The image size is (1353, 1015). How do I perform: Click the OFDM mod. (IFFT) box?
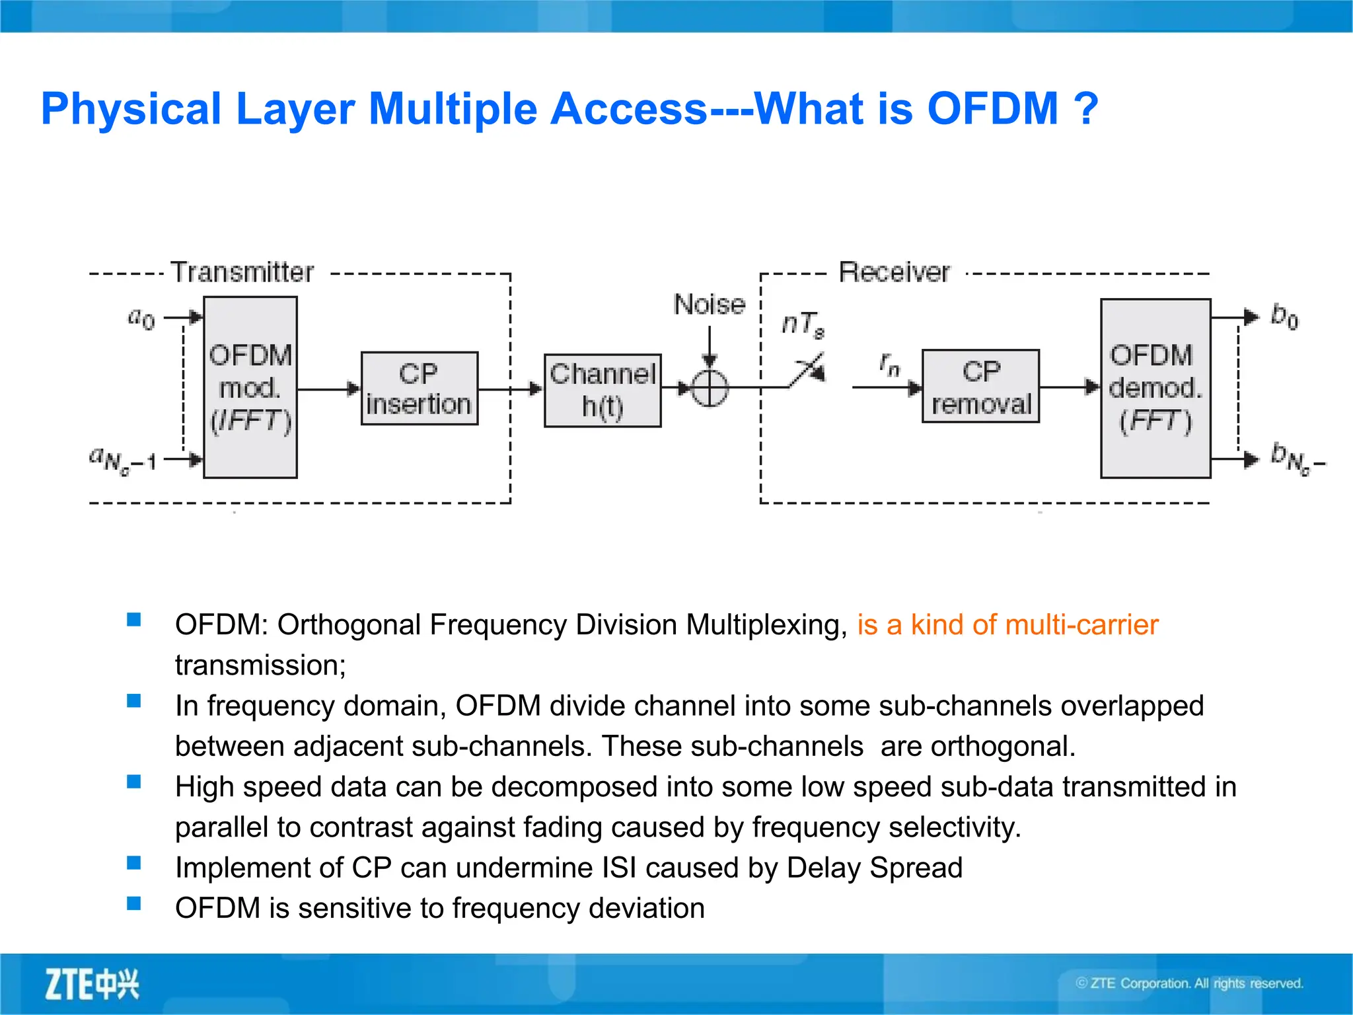tap(250, 387)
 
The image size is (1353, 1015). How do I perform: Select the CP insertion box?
tap(419, 389)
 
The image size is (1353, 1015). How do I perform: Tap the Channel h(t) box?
tap(602, 391)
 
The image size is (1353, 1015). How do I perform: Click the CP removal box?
tap(980, 387)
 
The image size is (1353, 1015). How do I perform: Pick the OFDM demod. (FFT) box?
tap(1155, 388)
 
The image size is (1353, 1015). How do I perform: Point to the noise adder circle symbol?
tap(710, 388)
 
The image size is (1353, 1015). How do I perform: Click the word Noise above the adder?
tap(709, 305)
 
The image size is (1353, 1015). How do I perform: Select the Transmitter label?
tap(242, 272)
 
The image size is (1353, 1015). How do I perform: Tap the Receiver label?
tap(894, 272)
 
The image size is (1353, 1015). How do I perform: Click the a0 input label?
tap(141, 319)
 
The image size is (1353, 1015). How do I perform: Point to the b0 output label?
tap(1284, 317)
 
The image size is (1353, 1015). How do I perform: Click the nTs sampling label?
tap(803, 324)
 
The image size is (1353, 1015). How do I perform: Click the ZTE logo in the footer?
tap(92, 984)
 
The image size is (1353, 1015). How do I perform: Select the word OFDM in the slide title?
tap(992, 109)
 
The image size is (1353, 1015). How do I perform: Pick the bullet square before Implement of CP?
tap(134, 863)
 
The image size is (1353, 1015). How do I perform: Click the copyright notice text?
tap(1189, 983)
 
